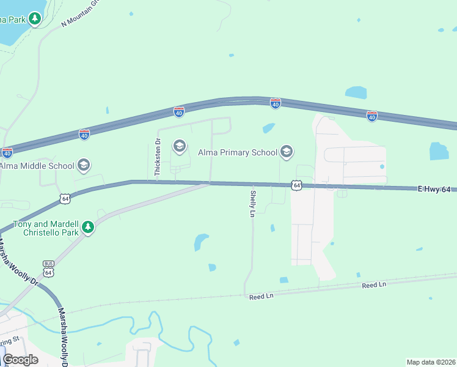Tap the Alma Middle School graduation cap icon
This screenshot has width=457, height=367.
(84, 165)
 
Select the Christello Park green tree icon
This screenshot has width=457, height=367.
(89, 228)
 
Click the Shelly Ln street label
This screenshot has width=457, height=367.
(252, 204)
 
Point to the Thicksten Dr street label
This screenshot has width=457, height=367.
(157, 158)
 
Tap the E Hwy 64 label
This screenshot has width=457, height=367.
(434, 190)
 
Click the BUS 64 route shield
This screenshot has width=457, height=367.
(49, 267)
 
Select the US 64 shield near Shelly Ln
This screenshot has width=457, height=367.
(296, 184)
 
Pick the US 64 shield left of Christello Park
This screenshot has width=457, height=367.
(65, 198)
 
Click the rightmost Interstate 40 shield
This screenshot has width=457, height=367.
(372, 115)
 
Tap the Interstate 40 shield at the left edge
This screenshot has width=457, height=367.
(7, 152)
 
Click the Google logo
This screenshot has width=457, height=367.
(20, 360)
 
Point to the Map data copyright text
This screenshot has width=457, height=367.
(431, 362)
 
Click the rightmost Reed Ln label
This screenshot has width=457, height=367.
(374, 285)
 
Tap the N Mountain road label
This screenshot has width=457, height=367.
(80, 13)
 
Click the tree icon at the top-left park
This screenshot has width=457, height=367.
(35, 19)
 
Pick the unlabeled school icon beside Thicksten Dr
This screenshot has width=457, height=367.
(179, 146)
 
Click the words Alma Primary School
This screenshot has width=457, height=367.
(238, 152)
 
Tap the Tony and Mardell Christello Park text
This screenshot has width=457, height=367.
(42, 228)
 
